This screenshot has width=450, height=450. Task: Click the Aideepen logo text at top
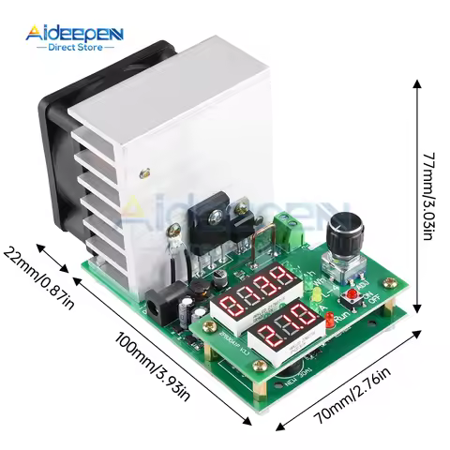click(75, 34)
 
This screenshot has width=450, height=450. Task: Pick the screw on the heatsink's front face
click(145, 172)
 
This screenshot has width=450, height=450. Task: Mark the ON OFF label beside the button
click(376, 302)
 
